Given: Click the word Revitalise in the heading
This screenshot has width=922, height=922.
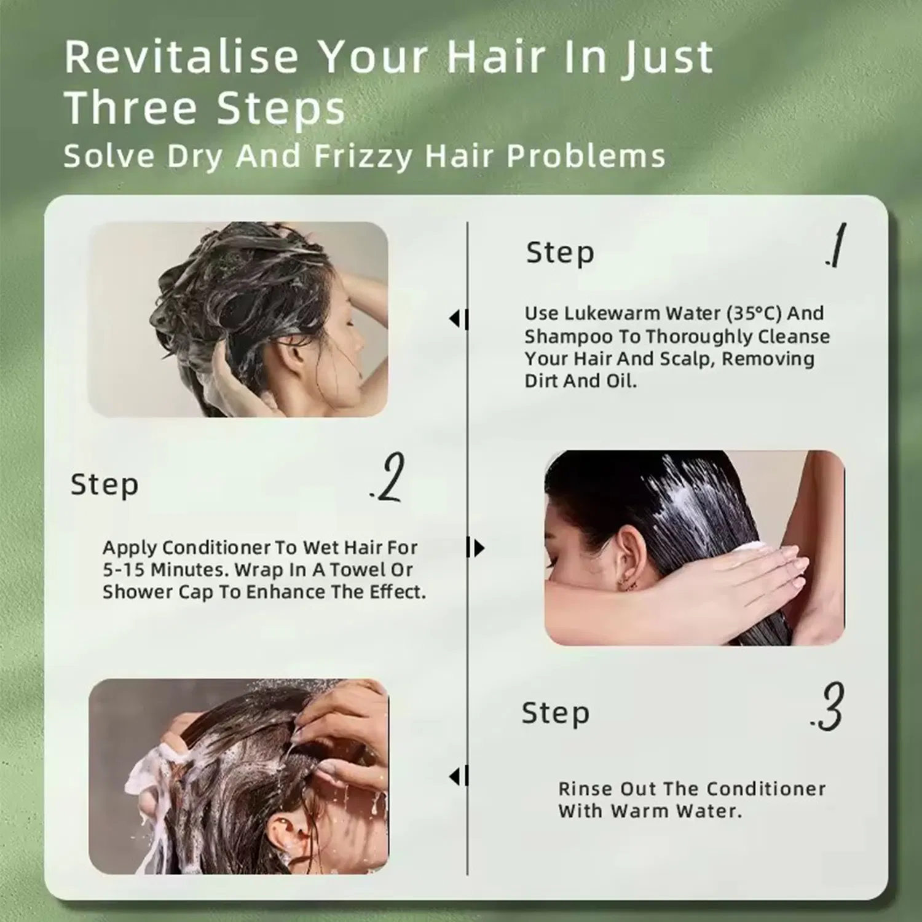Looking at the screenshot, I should pos(181,57).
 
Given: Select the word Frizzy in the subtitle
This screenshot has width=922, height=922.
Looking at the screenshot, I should pos(363,156).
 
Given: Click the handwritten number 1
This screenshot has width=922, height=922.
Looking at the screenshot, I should pos(836,246).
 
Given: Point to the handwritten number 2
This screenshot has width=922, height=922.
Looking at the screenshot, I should pos(388,478).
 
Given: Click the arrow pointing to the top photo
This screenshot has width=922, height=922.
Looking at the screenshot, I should pos(458,319).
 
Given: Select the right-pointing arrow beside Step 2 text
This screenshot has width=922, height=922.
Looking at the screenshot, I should pos(476,548).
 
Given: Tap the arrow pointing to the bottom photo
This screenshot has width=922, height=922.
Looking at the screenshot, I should pos(458,776).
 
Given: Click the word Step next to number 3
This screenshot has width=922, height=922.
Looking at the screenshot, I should pos(555,713).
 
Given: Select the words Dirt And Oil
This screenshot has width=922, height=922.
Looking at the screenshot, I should pos(580,381).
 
